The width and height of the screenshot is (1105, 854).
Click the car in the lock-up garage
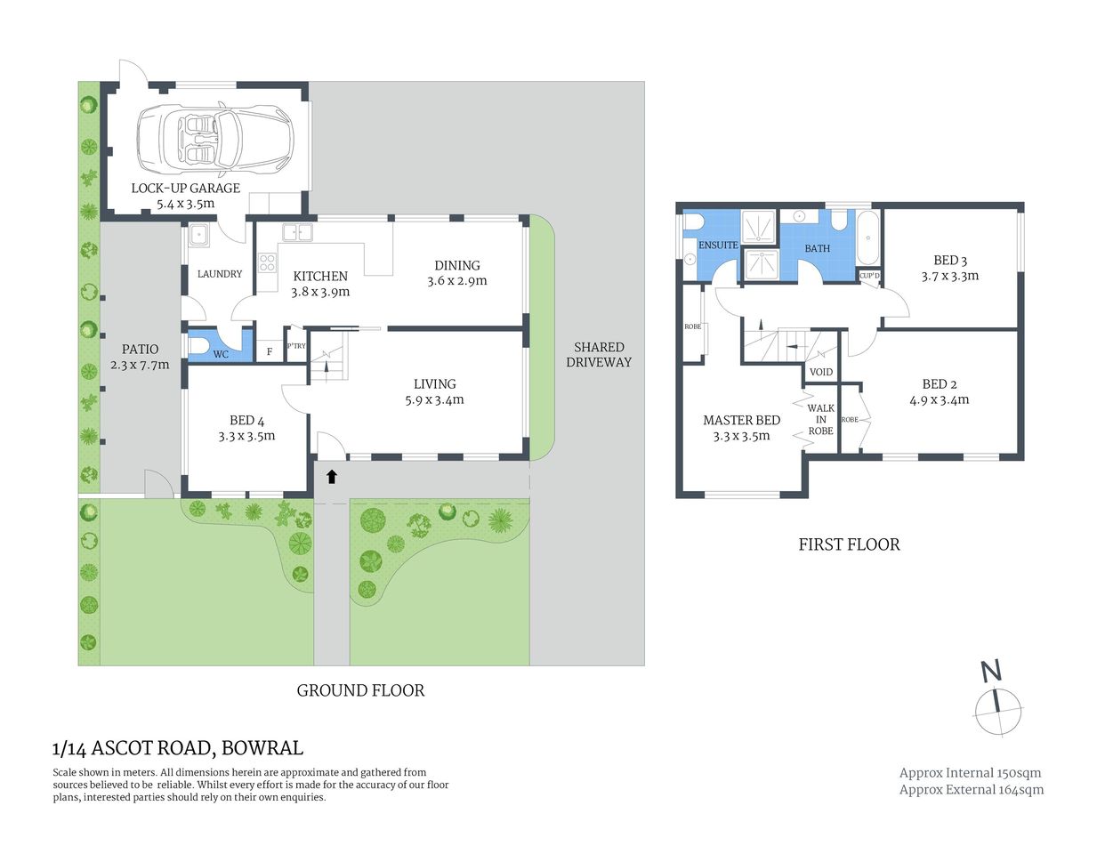click(x=214, y=138)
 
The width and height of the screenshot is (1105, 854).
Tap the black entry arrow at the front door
click(x=332, y=477)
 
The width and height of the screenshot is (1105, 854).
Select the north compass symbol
click(x=997, y=703)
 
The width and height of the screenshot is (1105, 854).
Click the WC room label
click(x=221, y=354)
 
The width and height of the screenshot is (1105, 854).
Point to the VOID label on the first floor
click(x=821, y=372)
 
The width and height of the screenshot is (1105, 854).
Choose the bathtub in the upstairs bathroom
click(x=867, y=238)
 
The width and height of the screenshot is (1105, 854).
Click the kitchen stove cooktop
click(x=267, y=262)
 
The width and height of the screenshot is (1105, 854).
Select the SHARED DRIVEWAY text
click(x=599, y=355)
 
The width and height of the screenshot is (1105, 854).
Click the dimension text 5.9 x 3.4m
click(x=434, y=399)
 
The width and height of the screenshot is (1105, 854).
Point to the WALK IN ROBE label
click(x=820, y=420)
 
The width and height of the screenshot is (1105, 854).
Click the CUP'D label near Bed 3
click(x=869, y=276)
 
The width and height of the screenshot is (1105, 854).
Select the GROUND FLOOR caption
click(x=360, y=690)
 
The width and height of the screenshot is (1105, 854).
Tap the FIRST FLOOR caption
click(x=849, y=544)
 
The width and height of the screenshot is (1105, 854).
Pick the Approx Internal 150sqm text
click(x=970, y=773)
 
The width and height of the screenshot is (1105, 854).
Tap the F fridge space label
click(x=270, y=352)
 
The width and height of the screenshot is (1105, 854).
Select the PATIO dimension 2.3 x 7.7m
click(x=140, y=365)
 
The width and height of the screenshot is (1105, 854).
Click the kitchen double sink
click(x=297, y=233)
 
